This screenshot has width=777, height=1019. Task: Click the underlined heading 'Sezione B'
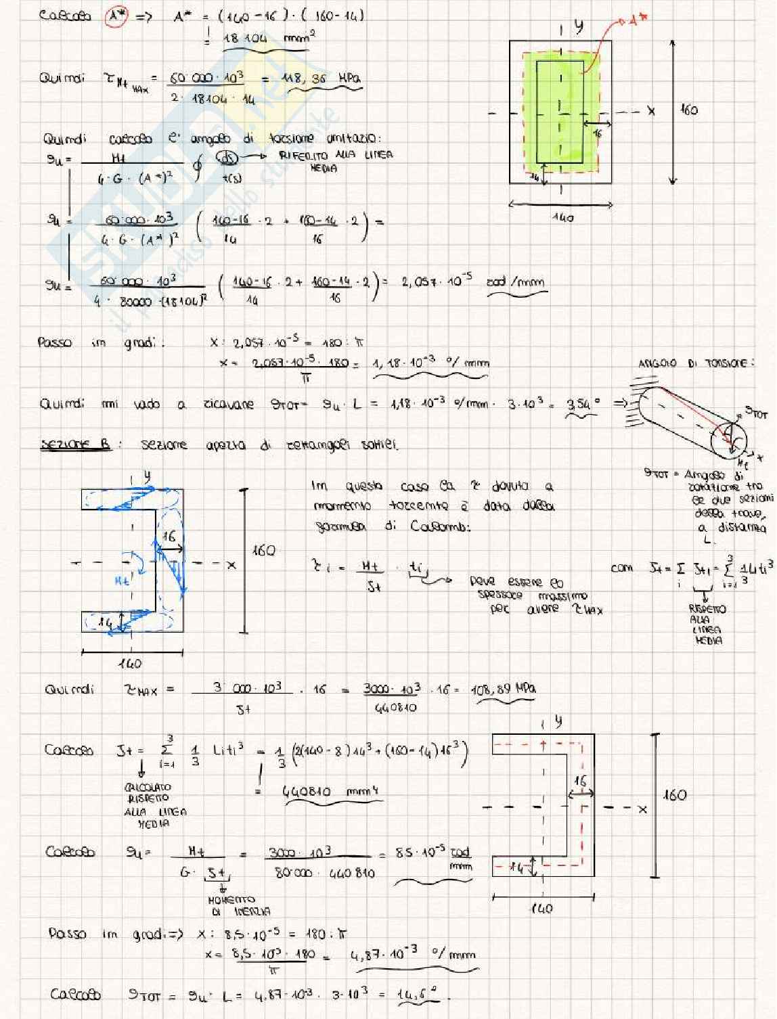pos(76,445)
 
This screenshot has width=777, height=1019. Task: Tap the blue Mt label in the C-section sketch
pos(123,580)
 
